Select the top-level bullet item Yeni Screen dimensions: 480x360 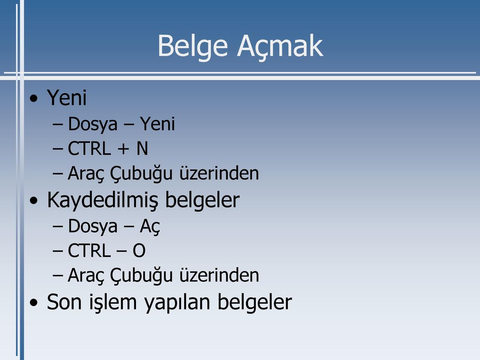point(67,98)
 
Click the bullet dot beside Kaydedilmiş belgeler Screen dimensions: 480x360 point(34,201)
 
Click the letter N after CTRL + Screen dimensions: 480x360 point(142,149)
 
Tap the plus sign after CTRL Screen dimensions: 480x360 point(123,149)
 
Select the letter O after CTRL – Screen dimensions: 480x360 point(139,251)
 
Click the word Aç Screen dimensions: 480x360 point(150,227)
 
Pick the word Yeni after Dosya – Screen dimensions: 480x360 point(157,124)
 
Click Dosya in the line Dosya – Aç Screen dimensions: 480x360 point(93,227)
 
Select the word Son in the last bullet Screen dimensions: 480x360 point(64,302)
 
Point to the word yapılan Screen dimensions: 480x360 point(177,303)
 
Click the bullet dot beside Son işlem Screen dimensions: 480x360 point(34,303)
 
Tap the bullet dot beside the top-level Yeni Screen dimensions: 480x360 point(34,98)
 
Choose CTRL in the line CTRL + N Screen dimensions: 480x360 point(89,149)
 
